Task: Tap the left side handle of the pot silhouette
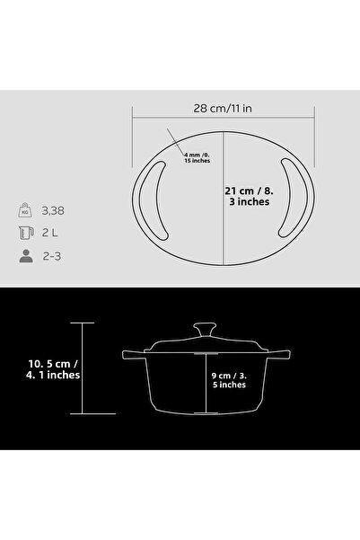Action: [x=131, y=355]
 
